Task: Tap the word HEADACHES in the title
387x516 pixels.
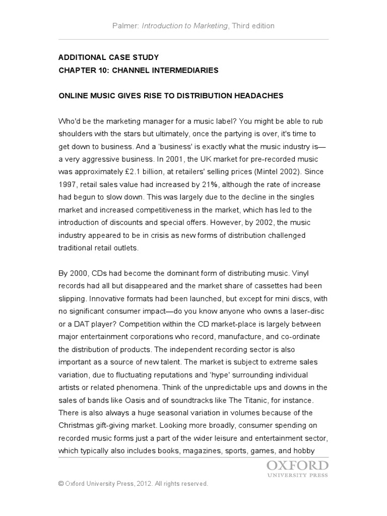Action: pos(258,95)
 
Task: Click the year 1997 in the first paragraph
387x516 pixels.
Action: pos(68,184)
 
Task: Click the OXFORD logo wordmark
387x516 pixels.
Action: pos(297,465)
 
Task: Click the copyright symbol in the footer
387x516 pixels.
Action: pos(61,484)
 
